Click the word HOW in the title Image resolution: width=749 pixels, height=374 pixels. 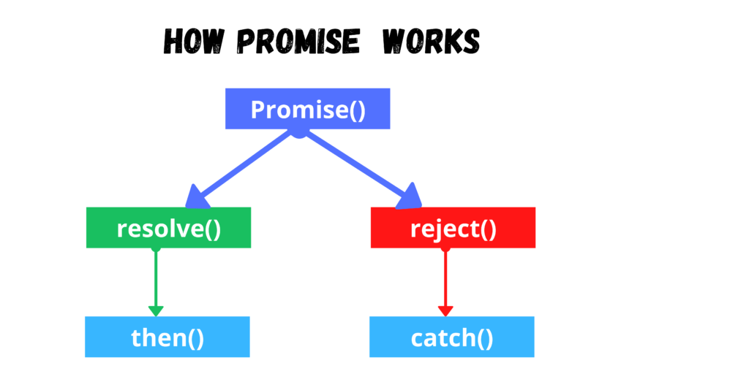(x=193, y=41)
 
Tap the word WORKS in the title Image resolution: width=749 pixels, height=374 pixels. (x=431, y=41)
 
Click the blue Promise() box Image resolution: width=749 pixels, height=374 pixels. (x=308, y=108)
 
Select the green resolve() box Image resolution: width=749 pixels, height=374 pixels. (x=169, y=228)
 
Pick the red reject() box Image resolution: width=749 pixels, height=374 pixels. (x=453, y=228)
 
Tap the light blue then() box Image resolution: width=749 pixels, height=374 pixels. (x=168, y=337)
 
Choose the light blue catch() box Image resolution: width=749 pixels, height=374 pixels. (x=452, y=337)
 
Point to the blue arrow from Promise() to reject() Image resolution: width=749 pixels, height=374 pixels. (x=360, y=169)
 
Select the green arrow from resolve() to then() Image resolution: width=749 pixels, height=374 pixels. (x=156, y=281)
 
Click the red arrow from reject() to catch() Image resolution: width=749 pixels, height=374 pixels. (x=445, y=281)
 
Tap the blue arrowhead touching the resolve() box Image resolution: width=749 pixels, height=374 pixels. (x=196, y=198)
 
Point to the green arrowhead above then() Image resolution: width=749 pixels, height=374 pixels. (x=156, y=311)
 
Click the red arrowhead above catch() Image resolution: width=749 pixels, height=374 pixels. (x=445, y=311)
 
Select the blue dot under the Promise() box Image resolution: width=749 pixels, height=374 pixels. (x=299, y=133)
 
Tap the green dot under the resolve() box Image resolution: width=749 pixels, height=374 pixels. (x=156, y=248)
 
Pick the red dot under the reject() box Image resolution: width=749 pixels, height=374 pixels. (x=445, y=248)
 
